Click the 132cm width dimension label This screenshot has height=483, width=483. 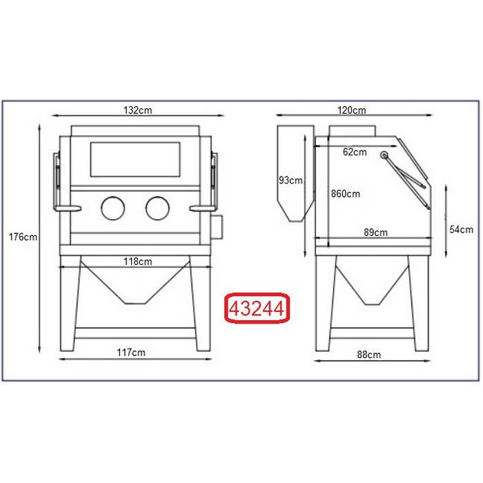138,110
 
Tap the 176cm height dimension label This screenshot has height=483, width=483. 23,237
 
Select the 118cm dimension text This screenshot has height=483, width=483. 138,262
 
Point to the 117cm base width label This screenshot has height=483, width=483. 131,353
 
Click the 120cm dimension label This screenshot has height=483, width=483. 352,110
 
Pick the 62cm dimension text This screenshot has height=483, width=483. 355,152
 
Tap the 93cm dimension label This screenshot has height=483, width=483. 290,180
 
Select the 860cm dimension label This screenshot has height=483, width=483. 345,194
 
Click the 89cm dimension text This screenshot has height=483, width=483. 375,233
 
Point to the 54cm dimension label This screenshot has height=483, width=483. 461,230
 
